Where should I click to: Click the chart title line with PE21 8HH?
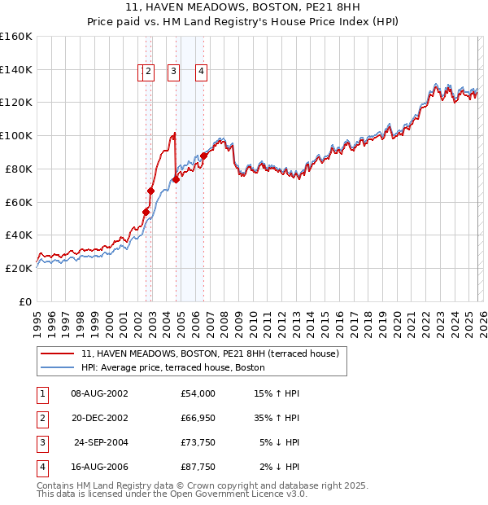click(x=243, y=7)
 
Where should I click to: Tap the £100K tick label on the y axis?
click(x=16, y=135)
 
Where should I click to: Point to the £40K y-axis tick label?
click(x=19, y=235)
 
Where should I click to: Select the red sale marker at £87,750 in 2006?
click(x=203, y=156)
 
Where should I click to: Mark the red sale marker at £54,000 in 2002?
click(x=146, y=212)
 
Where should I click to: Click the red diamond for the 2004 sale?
click(x=176, y=179)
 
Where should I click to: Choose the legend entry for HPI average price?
click(x=172, y=367)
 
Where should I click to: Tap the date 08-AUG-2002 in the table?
click(x=99, y=393)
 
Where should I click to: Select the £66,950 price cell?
click(x=198, y=418)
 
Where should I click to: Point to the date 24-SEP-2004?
click(x=100, y=442)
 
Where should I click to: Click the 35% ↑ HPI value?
click(x=277, y=418)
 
